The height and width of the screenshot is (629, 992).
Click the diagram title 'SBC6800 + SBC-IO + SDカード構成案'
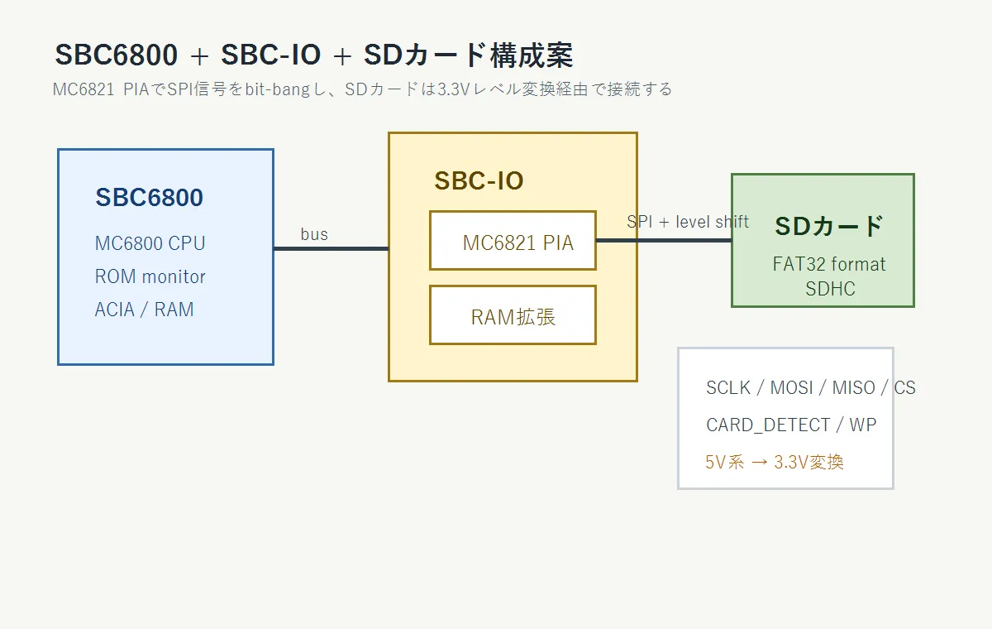[x=314, y=55]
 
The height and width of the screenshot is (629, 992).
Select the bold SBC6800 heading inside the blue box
[x=150, y=197]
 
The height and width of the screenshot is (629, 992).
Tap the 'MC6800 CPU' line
[x=150, y=243]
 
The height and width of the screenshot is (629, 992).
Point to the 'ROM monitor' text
[x=150, y=276]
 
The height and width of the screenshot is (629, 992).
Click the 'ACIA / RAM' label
[x=145, y=310]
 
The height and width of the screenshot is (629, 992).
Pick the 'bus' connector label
[x=314, y=234]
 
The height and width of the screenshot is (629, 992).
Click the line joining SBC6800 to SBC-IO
[x=331, y=248]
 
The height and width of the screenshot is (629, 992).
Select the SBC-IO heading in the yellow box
[x=479, y=181]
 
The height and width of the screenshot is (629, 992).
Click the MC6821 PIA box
[x=513, y=240]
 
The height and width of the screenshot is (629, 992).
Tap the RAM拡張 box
[x=513, y=314]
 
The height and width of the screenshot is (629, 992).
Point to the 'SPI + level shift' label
[x=688, y=222]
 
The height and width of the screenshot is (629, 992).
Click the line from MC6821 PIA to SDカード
[x=664, y=240]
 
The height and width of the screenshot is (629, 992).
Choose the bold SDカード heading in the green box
[x=829, y=226]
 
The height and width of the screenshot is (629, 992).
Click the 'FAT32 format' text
[x=829, y=264]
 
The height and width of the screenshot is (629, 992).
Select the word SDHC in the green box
[x=830, y=289]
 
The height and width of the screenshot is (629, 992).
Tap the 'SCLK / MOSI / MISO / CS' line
[x=810, y=388]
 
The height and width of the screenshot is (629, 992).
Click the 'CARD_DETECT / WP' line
[x=791, y=425]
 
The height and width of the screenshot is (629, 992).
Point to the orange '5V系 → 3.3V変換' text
[x=775, y=463]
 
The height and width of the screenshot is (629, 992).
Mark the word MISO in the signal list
[x=854, y=388]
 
